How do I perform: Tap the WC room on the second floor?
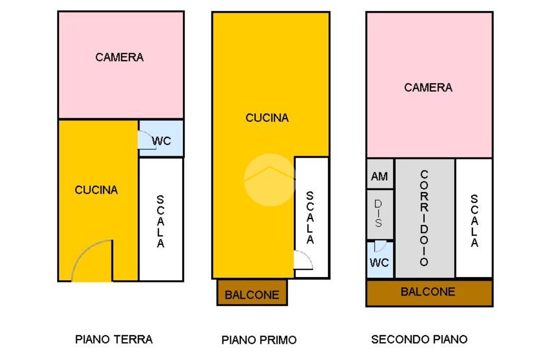coord(380,260)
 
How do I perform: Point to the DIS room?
coord(380,214)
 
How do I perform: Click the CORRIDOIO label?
coord(424,218)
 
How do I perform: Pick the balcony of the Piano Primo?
coord(252,293)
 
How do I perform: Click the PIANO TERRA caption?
coord(114,339)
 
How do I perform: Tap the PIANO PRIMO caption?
coord(259,340)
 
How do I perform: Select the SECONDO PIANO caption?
coord(419,339)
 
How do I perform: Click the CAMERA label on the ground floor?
coord(119,57)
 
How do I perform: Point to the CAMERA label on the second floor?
coord(428,88)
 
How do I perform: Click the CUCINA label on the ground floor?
coord(96,190)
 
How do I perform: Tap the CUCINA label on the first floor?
coord(267,118)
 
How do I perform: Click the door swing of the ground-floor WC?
coord(146,140)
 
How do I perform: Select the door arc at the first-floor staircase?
coord(303,260)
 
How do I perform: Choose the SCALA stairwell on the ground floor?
coord(161,221)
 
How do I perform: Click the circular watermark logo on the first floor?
coord(269,179)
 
